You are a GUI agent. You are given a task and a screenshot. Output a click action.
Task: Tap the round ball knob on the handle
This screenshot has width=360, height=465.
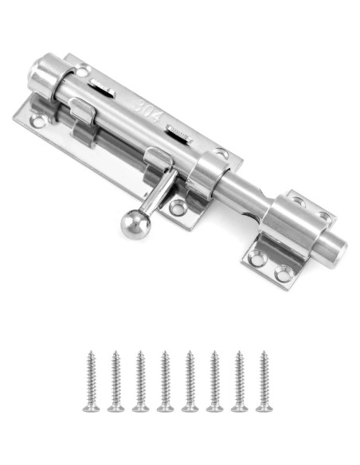135,225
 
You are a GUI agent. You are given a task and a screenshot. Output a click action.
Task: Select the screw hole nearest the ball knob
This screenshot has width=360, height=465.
178,208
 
